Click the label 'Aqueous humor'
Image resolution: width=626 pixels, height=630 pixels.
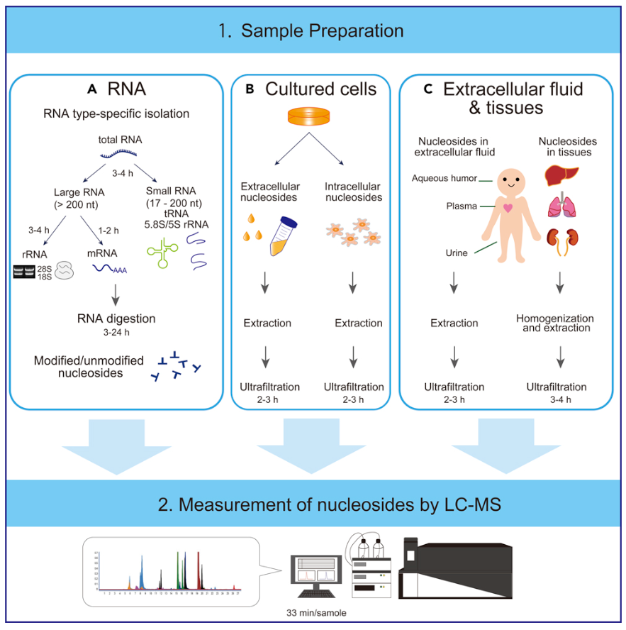click(445, 178)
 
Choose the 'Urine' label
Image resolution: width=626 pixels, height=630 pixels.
click(456, 253)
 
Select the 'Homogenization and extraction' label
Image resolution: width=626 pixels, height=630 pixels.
click(555, 323)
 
